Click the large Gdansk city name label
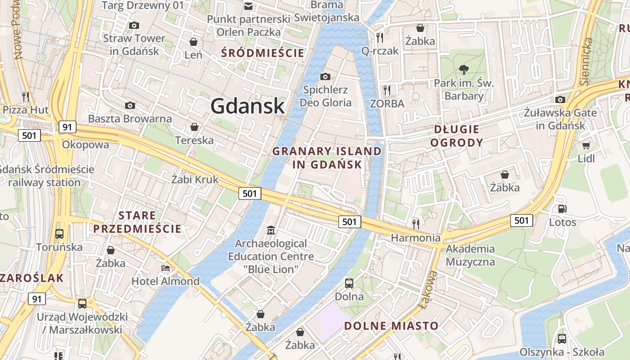247,106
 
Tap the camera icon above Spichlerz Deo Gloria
325,76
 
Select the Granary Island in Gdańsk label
327,158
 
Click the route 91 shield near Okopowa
67,127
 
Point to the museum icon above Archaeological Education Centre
271,230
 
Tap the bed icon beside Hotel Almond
165,268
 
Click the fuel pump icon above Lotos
562,209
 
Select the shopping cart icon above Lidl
586,145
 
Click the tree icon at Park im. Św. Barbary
463,69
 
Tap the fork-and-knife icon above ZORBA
387,90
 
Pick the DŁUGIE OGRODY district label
457,136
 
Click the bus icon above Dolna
349,283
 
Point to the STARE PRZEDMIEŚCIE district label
137,222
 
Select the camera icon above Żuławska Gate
560,99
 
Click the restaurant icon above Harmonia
416,224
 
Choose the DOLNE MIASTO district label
391,326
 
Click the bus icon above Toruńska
59,234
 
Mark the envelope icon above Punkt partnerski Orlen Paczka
248,6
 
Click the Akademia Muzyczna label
470,255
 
